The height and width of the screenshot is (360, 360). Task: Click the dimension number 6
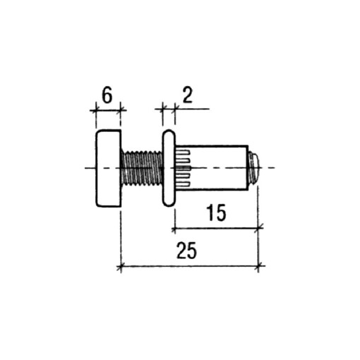pos(107,95)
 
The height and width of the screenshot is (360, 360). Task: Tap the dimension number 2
pos(188,95)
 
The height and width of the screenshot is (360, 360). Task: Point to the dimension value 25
pos(187,251)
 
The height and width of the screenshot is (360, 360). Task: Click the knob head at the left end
pos(107,168)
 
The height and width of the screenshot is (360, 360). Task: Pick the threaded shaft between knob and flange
pos(142,169)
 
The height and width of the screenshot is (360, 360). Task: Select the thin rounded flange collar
pos(169,168)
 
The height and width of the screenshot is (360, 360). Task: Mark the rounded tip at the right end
pos(254,168)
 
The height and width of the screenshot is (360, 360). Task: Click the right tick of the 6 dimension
pos(121,109)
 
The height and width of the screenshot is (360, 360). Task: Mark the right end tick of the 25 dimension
pos(260,266)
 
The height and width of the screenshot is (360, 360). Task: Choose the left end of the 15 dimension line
pos(174,228)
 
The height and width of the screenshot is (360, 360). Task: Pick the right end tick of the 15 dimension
pos(260,228)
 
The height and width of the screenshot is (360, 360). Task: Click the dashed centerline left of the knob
pos(88,168)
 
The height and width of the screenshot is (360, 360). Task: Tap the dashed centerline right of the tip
pos(272,168)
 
